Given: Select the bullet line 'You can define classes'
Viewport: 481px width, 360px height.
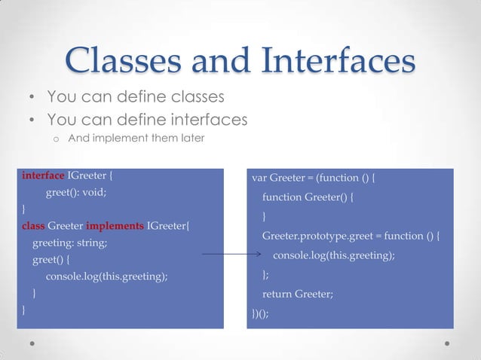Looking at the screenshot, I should pyautogui.click(x=136, y=97).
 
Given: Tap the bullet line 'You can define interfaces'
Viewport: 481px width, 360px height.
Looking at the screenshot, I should pyautogui.click(x=147, y=119).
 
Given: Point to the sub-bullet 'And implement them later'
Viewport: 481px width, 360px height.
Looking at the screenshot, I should pyautogui.click(x=136, y=139).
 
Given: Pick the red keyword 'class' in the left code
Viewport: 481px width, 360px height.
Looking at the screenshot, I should pyautogui.click(x=33, y=225).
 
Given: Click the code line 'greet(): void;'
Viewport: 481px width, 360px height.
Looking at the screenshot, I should pyautogui.click(x=76, y=192).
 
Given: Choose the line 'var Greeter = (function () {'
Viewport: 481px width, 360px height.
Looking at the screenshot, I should pyautogui.click(x=313, y=178).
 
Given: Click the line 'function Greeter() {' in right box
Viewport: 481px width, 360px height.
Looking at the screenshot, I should pyautogui.click(x=308, y=197).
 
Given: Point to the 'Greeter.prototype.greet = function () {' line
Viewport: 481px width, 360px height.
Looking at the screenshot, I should pyautogui.click(x=351, y=236).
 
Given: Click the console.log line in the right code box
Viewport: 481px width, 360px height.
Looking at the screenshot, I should pyautogui.click(x=334, y=255).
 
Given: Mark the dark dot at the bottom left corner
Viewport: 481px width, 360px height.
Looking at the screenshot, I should pyautogui.click(x=33, y=343).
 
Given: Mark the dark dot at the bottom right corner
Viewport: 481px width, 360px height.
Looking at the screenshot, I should pyautogui.click(x=448, y=343).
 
